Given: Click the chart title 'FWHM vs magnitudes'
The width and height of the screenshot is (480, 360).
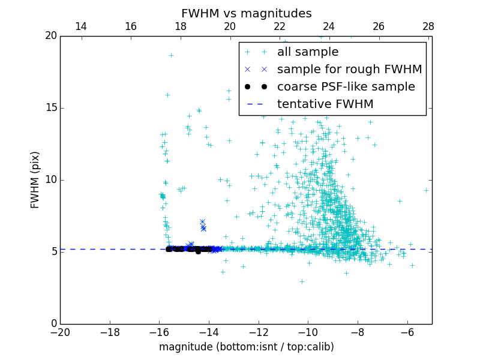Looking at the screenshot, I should click(x=246, y=13).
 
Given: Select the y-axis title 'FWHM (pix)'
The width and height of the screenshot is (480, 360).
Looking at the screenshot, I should click(x=35, y=179).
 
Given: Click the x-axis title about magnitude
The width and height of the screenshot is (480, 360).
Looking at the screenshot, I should click(x=246, y=347).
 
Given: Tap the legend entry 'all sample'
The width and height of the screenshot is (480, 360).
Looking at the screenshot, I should click(x=308, y=52).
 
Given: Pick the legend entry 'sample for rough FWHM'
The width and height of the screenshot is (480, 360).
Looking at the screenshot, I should click(x=349, y=70).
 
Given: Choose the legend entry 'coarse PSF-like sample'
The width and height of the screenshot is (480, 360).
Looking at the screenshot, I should click(x=346, y=87).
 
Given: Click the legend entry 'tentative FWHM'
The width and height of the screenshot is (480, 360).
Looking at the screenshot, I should click(x=325, y=104).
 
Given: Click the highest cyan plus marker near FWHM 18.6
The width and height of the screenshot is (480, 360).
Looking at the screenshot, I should click(x=170, y=55).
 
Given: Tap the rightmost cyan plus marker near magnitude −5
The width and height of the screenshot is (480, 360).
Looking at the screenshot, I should click(x=426, y=190).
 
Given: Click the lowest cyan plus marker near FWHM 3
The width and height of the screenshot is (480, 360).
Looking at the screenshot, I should click(x=302, y=281).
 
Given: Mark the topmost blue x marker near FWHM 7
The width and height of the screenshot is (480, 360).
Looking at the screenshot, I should click(x=202, y=221).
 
